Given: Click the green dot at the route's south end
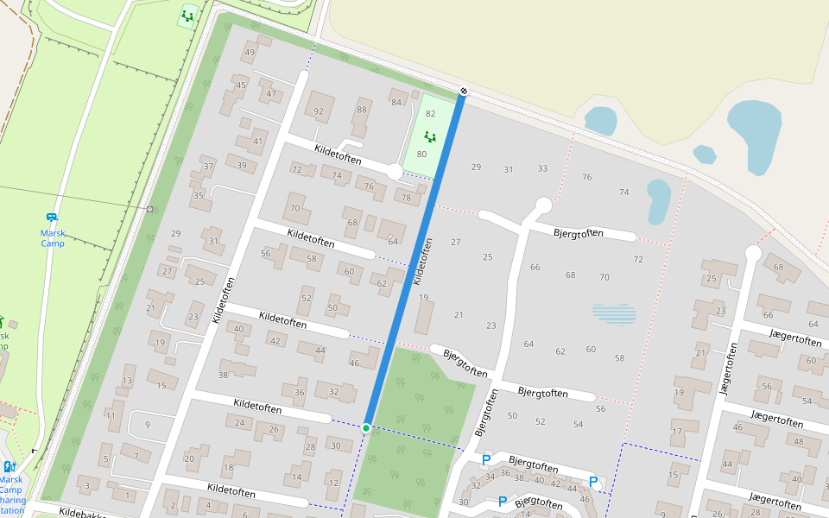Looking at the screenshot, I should click(366, 428).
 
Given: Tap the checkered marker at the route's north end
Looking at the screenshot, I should click(464, 91).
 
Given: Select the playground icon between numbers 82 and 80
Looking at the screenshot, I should click(430, 136).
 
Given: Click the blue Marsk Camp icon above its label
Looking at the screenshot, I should click(52, 218).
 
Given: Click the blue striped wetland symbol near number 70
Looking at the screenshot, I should click(614, 313).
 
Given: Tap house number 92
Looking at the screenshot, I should click(319, 111).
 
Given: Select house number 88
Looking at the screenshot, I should click(362, 110).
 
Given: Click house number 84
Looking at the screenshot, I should click(396, 103).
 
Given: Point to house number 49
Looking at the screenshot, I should click(250, 53).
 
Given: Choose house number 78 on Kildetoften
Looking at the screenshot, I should click(406, 198).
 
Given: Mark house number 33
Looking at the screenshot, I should click(542, 168).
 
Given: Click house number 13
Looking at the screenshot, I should click(128, 381).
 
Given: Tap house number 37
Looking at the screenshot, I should click(208, 167).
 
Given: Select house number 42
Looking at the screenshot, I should click(275, 341).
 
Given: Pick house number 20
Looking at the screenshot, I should click(189, 458).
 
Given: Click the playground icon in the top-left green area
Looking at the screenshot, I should click(187, 16).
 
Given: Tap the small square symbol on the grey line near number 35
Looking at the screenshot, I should click(150, 209).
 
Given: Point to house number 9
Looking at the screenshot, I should click(147, 424).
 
